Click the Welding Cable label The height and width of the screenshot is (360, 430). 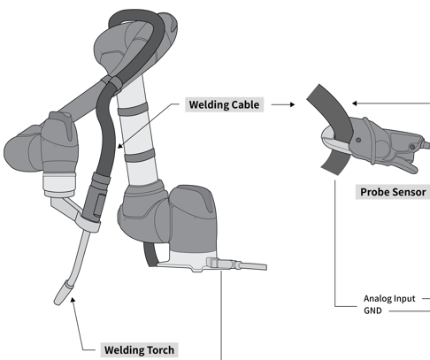(224, 105)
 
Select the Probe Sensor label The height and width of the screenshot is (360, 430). (392, 192)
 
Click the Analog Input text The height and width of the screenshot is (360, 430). (389, 298)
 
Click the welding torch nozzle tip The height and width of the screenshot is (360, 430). (61, 293)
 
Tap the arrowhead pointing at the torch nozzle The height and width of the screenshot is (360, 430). (73, 303)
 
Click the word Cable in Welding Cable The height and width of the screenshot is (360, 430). (243, 105)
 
